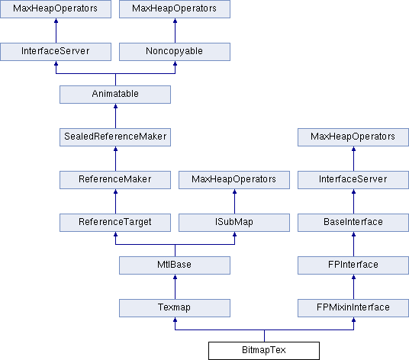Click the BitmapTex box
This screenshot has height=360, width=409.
(x=264, y=351)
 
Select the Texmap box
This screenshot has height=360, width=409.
(x=175, y=308)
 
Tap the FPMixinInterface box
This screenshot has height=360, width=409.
(x=353, y=308)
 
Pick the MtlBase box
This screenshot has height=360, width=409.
(x=175, y=265)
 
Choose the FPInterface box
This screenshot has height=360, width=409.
(x=353, y=265)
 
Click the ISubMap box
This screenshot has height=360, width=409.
(x=234, y=223)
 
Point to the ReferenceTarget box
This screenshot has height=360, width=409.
(x=115, y=223)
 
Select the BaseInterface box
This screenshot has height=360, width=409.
(x=353, y=223)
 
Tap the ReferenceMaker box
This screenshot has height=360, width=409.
(x=115, y=179)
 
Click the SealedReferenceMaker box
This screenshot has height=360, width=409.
(x=115, y=137)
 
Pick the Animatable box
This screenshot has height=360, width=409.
(x=115, y=94)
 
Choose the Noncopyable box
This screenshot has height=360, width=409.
(x=175, y=52)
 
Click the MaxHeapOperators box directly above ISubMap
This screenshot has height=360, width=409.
(x=234, y=179)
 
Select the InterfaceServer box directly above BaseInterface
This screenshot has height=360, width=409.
(x=353, y=179)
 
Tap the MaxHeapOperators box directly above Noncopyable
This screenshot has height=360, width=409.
(x=175, y=9)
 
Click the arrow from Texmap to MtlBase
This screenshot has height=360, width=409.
(x=175, y=287)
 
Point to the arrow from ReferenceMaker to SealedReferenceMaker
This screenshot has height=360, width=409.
(x=115, y=159)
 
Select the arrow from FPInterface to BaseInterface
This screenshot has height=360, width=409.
(x=354, y=244)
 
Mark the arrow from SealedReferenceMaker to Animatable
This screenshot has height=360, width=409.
(x=115, y=116)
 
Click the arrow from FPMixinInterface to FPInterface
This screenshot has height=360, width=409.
(x=354, y=287)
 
